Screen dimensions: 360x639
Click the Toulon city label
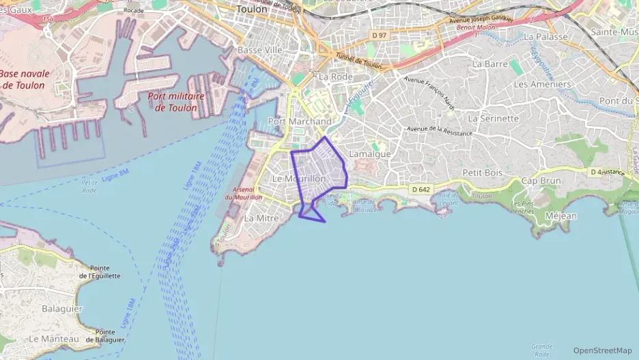click(x=251, y=10)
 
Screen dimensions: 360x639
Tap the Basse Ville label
click(x=259, y=51)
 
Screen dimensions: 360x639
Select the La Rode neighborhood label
click(x=336, y=77)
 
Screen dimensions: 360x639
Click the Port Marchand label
click(x=300, y=122)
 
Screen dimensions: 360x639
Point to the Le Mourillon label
click(x=299, y=178)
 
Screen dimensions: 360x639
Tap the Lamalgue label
click(x=370, y=154)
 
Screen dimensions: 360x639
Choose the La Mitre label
click(x=261, y=218)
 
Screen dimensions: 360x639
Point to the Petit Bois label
click(x=483, y=173)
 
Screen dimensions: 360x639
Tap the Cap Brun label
click(x=540, y=181)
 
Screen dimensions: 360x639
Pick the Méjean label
click(x=562, y=216)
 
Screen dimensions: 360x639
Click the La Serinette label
click(x=494, y=118)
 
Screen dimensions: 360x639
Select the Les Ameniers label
click(x=542, y=84)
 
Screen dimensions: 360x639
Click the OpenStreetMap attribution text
click(x=602, y=350)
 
